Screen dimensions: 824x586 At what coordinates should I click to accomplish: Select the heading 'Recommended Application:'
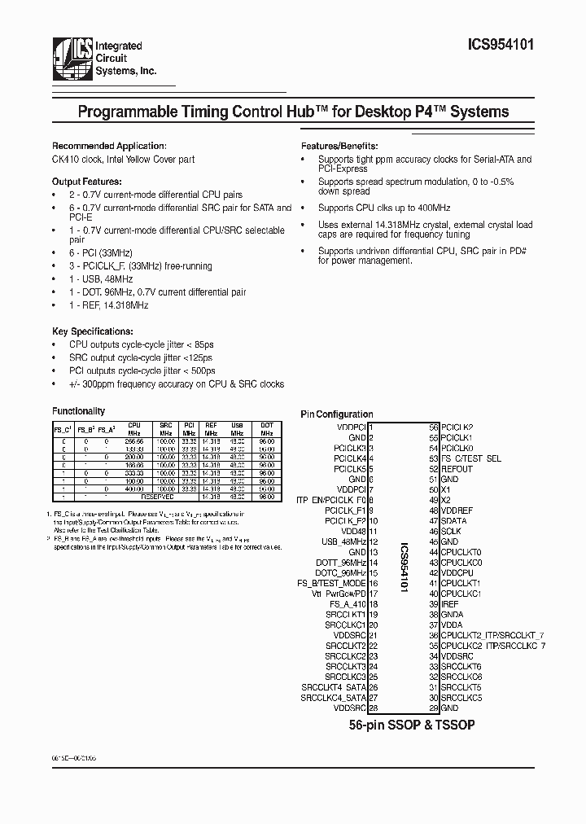pyautogui.click(x=109, y=146)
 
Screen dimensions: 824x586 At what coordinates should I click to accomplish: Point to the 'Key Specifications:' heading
pyautogui.click(x=92, y=332)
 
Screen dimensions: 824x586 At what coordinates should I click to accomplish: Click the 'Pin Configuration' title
pyautogui.click(x=337, y=414)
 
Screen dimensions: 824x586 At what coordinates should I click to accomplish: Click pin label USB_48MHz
pyautogui.click(x=343, y=541)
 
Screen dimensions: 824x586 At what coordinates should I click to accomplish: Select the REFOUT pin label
pyautogui.click(x=457, y=469)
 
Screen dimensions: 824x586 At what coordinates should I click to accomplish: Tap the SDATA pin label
pyautogui.click(x=453, y=520)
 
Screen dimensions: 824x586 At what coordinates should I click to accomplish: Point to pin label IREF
pyautogui.click(x=450, y=604)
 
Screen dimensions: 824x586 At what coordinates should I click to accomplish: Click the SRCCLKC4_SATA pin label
pyautogui.click(x=333, y=698)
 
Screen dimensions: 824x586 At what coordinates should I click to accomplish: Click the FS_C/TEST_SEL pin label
pyautogui.click(x=470, y=458)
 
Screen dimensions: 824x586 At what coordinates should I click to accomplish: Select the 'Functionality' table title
pyautogui.click(x=79, y=411)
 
